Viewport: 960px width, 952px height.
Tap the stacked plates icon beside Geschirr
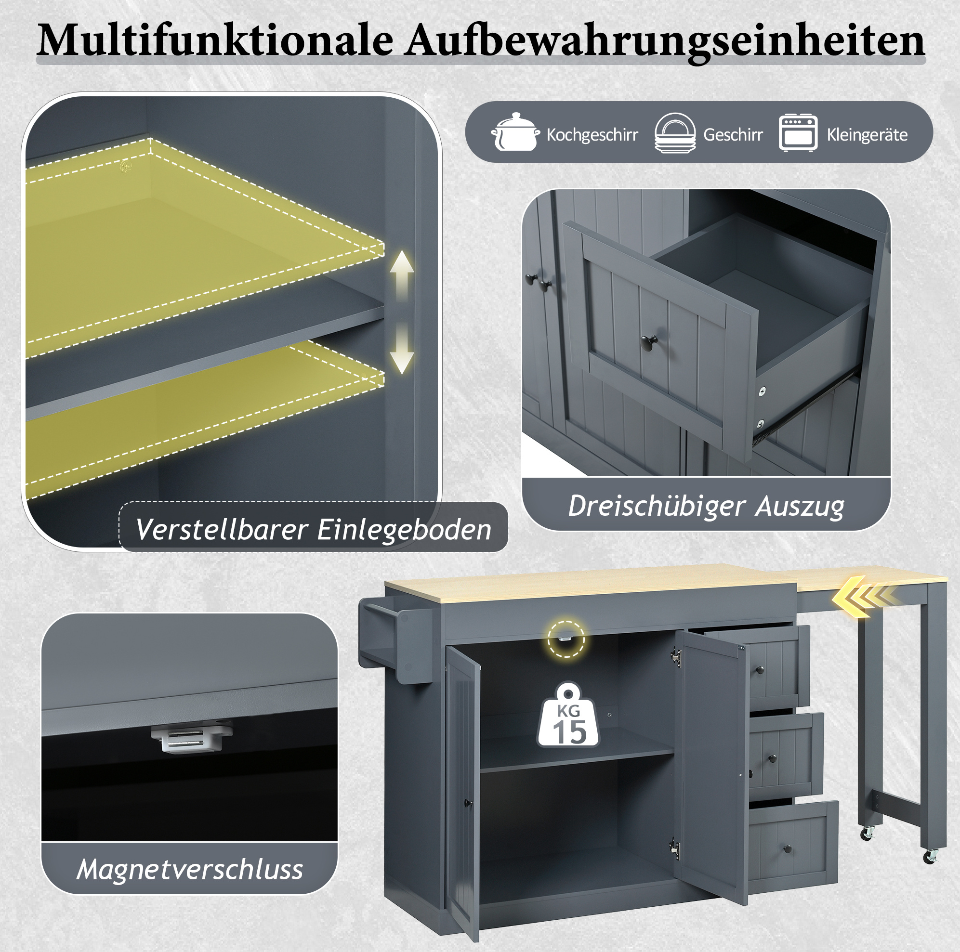(x=675, y=133)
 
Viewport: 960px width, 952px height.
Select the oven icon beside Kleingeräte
(x=798, y=133)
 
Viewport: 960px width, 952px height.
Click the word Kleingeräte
(x=867, y=135)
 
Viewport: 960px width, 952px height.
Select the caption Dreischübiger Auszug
(x=706, y=506)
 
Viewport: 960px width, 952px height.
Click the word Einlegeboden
(x=404, y=529)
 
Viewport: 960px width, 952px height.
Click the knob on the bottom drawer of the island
(x=788, y=849)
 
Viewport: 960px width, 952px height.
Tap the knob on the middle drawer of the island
(x=773, y=759)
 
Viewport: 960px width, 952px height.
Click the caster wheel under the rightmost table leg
(x=930, y=856)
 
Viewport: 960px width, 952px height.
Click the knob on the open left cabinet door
(x=467, y=802)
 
